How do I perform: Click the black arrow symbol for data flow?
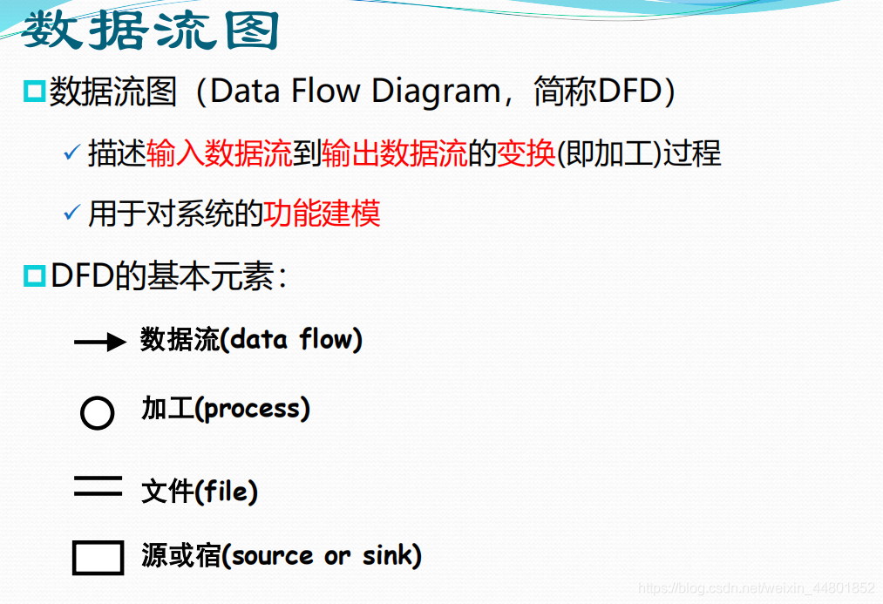(x=100, y=343)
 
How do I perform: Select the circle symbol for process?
(x=97, y=412)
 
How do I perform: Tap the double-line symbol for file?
(x=98, y=486)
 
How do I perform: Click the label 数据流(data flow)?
(x=251, y=339)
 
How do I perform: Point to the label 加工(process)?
(x=226, y=408)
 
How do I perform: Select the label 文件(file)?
(x=200, y=492)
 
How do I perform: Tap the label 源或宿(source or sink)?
(x=282, y=555)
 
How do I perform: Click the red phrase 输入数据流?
(x=220, y=153)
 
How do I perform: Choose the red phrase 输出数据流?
(x=394, y=153)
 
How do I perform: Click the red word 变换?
(x=526, y=153)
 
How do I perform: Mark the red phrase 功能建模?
(x=323, y=213)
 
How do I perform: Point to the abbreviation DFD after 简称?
(x=625, y=91)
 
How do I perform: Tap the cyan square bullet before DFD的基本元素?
(x=34, y=276)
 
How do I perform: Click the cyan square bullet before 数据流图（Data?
(x=34, y=91)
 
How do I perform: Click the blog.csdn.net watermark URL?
(x=756, y=588)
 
